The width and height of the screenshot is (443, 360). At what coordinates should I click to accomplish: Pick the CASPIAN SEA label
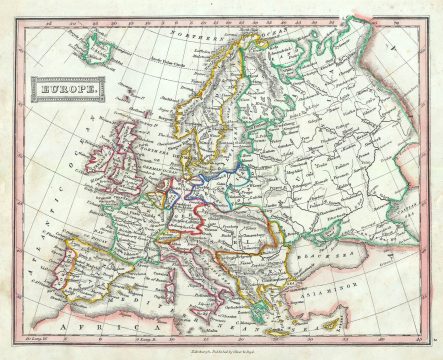click(418, 225)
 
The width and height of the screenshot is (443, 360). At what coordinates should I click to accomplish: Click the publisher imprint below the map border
click(222, 351)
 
